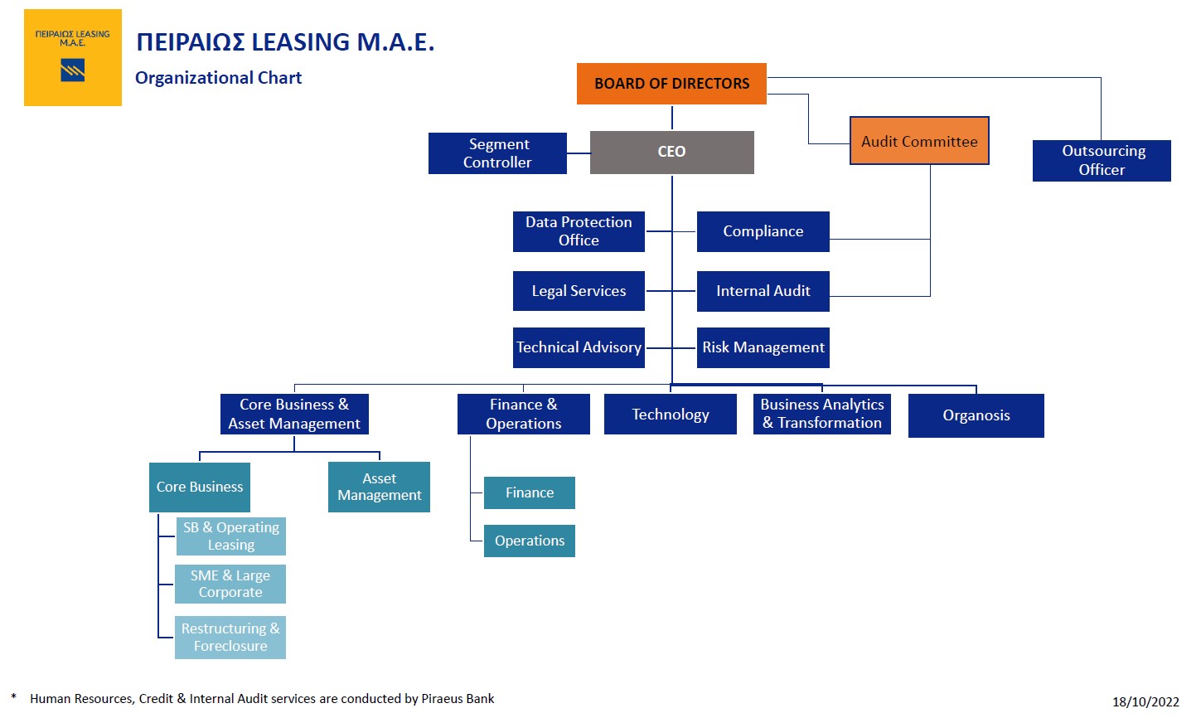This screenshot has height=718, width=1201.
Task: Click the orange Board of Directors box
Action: point(671,84)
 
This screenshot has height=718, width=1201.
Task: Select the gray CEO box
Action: point(671,153)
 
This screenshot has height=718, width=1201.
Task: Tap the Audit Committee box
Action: point(919,141)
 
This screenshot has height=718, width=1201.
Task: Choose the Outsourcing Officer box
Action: point(1102,161)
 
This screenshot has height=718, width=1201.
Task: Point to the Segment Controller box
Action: point(497,153)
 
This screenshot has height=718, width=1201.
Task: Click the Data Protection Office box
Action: point(579,231)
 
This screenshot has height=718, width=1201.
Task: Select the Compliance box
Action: point(763,231)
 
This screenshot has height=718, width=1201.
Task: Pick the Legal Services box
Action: point(579,291)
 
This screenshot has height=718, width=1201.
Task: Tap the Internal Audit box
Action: point(763,291)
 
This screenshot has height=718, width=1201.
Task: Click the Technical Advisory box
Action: point(579,347)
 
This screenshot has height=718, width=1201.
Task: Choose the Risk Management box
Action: point(763,347)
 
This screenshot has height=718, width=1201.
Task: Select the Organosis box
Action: point(976,415)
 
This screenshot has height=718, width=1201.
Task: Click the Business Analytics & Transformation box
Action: point(821,414)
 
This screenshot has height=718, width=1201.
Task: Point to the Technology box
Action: point(670,415)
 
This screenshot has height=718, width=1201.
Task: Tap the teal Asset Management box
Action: point(379,487)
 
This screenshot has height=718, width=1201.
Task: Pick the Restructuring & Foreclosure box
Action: point(230,638)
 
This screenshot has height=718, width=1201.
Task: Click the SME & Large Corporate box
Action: point(230,584)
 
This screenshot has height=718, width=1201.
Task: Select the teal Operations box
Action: point(529,541)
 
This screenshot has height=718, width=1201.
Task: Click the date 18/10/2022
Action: point(1145,701)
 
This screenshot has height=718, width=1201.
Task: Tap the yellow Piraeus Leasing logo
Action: point(73,58)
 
